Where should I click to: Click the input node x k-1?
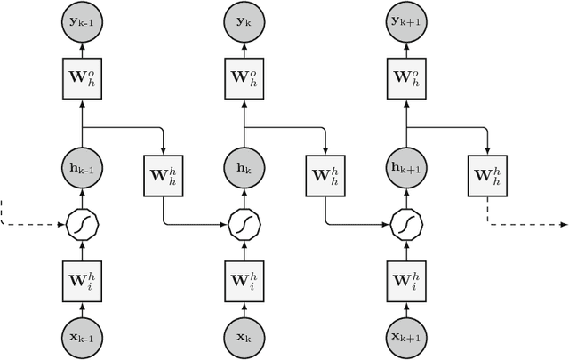[82, 337]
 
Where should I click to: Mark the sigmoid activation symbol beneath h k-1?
[82, 224]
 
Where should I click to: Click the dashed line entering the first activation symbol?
[31, 224]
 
